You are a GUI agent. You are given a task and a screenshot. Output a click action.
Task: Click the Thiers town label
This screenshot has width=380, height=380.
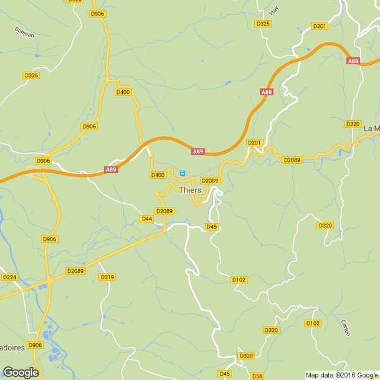190,190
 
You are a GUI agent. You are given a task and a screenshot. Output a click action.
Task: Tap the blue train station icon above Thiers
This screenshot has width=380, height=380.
183,173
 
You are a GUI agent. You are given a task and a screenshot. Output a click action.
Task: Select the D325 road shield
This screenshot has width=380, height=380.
263,24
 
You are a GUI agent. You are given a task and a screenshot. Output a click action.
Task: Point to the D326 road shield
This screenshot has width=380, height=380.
31,75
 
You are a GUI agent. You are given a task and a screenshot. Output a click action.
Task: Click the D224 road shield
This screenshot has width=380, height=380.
9,277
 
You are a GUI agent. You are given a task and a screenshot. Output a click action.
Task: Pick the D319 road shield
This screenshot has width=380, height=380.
107,277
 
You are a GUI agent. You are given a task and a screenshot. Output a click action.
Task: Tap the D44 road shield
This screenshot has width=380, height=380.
147,219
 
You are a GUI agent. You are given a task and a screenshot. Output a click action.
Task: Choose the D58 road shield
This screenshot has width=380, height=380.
257,376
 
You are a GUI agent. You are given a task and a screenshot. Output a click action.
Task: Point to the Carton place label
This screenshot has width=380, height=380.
346,328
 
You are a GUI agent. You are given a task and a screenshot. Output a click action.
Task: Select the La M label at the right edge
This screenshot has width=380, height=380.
371,129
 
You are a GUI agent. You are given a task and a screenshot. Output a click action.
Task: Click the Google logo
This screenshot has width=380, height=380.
20,373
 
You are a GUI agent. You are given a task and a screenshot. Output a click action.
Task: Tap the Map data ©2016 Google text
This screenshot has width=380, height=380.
342,375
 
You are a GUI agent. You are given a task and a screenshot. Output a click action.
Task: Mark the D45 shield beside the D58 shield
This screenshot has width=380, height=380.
224,374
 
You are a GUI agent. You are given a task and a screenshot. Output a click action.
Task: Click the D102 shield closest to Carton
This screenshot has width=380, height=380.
313,323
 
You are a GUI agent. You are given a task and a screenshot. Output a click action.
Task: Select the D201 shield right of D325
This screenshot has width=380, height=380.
320,26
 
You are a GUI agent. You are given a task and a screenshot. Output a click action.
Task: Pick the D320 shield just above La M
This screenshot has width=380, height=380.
353,124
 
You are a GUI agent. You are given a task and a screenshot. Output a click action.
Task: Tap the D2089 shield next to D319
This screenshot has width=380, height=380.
75,271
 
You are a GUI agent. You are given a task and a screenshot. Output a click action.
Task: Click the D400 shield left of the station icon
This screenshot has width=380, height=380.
158,175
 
